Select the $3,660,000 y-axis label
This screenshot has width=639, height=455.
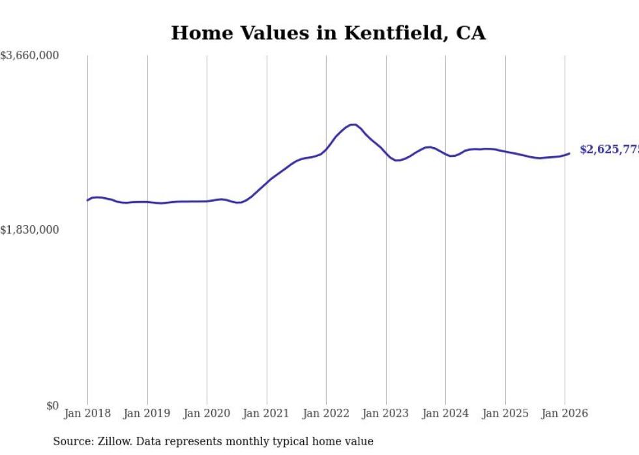29,56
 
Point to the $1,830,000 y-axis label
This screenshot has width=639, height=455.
29,230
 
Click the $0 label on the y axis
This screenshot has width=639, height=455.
52,406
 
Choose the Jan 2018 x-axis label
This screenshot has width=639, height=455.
87,413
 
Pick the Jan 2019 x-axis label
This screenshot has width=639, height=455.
147,413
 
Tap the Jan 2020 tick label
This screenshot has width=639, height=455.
207,413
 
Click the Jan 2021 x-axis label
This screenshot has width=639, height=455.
267,413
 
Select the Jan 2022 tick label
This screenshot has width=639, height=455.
326,413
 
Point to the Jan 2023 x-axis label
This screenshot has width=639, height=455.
386,413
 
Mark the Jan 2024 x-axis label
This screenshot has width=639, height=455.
445,413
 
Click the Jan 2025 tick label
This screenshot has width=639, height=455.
505,413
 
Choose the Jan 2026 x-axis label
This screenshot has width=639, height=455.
565,413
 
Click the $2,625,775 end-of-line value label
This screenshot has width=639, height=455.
609,150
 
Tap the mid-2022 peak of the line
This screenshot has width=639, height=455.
353,124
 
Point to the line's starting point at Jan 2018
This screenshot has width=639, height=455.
87,200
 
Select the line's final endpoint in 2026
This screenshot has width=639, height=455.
569,154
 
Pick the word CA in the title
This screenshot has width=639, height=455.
470,33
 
